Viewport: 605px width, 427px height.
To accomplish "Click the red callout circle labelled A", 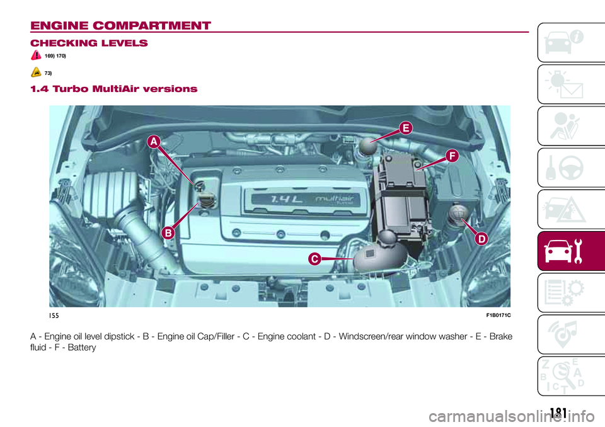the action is coord(154,142).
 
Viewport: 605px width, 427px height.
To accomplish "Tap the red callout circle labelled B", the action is coord(168,233).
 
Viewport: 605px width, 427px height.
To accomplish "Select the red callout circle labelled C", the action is coord(315,259).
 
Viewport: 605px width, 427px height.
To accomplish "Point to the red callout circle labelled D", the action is coord(482,239).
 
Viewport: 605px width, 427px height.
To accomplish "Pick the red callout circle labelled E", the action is coord(406,128).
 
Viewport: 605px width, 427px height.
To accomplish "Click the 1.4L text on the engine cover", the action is coord(287,199).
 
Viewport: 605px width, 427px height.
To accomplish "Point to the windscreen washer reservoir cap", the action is coord(458,213).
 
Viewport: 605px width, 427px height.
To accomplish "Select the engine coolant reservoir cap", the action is coord(387,237).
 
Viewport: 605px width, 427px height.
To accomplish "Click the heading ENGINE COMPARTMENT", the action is coord(121,26).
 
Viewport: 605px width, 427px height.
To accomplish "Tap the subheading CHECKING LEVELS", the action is coord(89,43).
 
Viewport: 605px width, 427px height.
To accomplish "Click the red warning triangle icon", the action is coord(36,55).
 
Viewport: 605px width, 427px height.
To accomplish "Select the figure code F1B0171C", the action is coord(498,315).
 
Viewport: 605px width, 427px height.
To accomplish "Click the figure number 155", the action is coord(54,316).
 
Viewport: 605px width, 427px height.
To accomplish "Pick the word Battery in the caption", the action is coord(82,348).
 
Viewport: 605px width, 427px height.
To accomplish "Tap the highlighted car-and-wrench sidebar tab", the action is coord(571,251).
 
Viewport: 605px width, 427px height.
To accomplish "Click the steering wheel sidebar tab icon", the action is coord(571,168).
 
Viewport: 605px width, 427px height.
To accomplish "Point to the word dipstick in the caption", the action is coord(119,337).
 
